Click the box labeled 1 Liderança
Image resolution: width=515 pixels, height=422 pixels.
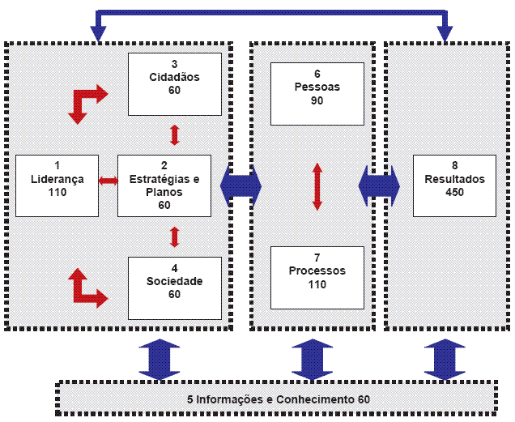pyautogui.click(x=57, y=185)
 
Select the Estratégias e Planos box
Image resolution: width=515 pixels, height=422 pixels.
pyautogui.click(x=164, y=185)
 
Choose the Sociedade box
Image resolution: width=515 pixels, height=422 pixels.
pyautogui.click(x=174, y=288)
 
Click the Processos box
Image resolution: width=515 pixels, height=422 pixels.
pyautogui.click(x=317, y=277)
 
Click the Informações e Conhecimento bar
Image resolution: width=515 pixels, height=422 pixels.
pyautogui.click(x=278, y=399)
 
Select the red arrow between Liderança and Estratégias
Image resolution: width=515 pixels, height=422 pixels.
pyautogui.click(x=108, y=180)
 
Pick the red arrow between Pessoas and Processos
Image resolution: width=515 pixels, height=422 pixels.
pyautogui.click(x=317, y=186)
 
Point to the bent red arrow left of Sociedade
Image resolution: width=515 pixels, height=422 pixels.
pyautogui.click(x=85, y=288)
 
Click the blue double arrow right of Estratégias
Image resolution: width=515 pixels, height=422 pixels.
pyautogui.click(x=241, y=186)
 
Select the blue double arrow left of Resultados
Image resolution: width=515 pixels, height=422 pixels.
pyautogui.click(x=380, y=186)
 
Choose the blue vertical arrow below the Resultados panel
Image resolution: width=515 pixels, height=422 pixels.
pyautogui.click(x=445, y=359)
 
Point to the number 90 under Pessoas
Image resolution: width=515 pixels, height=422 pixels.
pyautogui.click(x=317, y=100)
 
